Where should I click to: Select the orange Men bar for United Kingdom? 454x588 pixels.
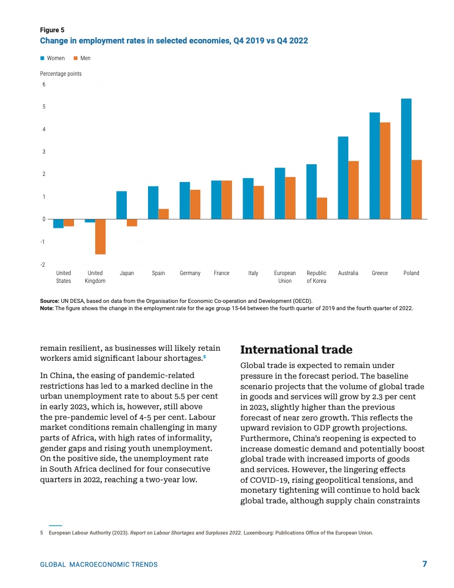pos(100,237)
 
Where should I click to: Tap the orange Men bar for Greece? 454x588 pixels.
pos(384,170)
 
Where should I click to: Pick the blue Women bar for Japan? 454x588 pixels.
pos(121,205)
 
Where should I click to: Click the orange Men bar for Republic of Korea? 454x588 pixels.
pos(322,208)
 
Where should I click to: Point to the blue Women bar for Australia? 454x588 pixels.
pos(343,178)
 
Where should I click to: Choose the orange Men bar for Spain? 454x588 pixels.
pos(164,214)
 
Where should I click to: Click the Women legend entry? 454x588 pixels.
pos(52,58)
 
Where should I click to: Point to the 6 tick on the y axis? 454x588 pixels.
pos(43,84)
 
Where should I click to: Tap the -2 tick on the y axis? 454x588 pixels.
pos(43,264)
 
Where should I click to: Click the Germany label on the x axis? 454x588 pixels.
pos(190,273)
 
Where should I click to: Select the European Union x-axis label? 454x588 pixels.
pos(285,277)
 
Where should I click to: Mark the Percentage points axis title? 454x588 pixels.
pos(61,73)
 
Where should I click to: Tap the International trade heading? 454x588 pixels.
pos(296,350)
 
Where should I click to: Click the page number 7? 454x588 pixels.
pos(425,564)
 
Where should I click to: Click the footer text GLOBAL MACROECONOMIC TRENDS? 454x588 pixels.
pos(98,565)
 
